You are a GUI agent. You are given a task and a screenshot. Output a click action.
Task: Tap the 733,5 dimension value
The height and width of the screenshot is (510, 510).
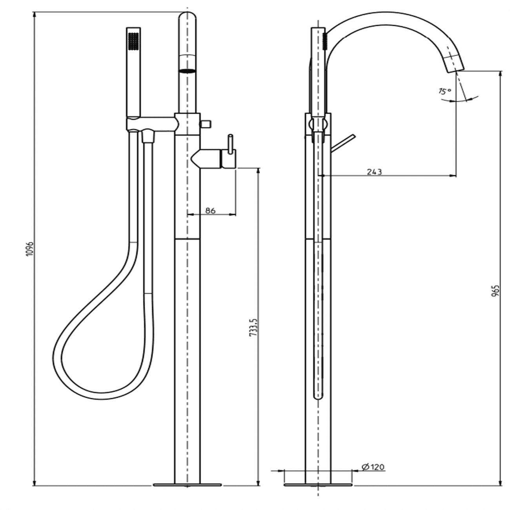click(253, 327)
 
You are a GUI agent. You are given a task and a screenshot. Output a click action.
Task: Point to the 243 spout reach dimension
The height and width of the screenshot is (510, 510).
click(375, 172)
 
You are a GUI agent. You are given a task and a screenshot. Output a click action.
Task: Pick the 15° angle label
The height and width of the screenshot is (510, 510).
click(444, 91)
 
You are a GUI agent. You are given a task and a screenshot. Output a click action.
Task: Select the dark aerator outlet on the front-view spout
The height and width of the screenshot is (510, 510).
click(188, 71)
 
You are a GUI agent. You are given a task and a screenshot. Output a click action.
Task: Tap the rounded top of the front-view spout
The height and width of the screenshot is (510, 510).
click(188, 15)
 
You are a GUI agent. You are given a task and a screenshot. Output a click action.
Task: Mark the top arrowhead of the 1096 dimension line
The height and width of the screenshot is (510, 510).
click(35, 15)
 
